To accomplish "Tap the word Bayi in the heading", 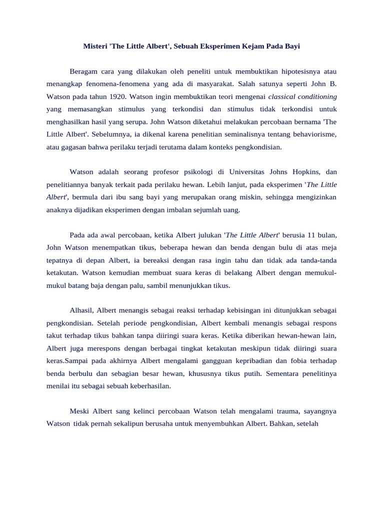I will tap(291, 46).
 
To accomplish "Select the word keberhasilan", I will tap(149, 385).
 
